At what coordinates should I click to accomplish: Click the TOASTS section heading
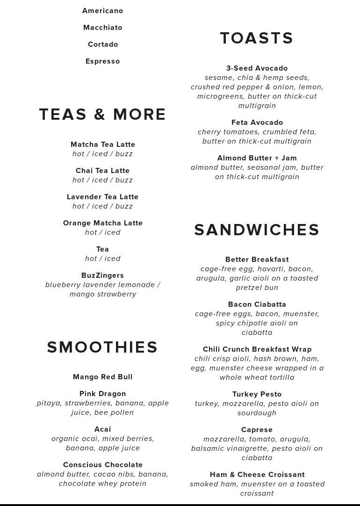click(257, 38)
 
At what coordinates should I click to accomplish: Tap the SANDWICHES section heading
click(257, 230)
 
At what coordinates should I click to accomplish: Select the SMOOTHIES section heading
click(102, 347)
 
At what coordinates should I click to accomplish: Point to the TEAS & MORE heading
click(102, 115)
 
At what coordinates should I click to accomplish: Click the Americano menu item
click(103, 11)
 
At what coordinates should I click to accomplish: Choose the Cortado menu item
click(103, 44)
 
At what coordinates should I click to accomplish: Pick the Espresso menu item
click(103, 61)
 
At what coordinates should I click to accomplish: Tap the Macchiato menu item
click(103, 28)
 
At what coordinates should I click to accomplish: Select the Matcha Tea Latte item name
click(103, 145)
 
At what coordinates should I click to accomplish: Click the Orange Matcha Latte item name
click(103, 223)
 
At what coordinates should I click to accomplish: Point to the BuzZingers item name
click(103, 275)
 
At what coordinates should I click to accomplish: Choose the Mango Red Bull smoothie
click(103, 377)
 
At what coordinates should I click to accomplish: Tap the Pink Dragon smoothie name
click(103, 394)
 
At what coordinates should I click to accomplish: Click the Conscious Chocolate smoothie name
click(103, 465)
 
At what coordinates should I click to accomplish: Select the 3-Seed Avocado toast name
click(257, 68)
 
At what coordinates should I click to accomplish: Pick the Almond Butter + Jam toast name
click(257, 158)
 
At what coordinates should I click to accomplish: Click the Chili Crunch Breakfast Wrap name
click(257, 349)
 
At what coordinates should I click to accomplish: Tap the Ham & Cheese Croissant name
click(257, 475)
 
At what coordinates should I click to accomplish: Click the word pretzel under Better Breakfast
click(249, 288)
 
